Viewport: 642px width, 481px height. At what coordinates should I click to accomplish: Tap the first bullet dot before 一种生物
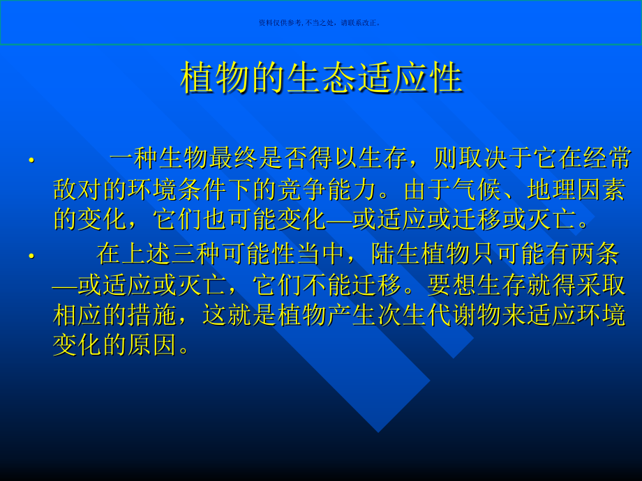(x=31, y=161)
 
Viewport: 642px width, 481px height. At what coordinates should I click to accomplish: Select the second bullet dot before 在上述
(x=31, y=257)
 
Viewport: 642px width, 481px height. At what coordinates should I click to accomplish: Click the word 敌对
(x=78, y=189)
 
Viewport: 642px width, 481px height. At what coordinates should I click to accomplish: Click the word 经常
(x=607, y=159)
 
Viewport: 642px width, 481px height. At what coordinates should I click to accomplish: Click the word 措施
(x=153, y=315)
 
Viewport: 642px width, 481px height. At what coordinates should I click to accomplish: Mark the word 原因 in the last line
(x=153, y=345)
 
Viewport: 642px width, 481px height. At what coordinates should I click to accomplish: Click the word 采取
(x=601, y=284)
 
